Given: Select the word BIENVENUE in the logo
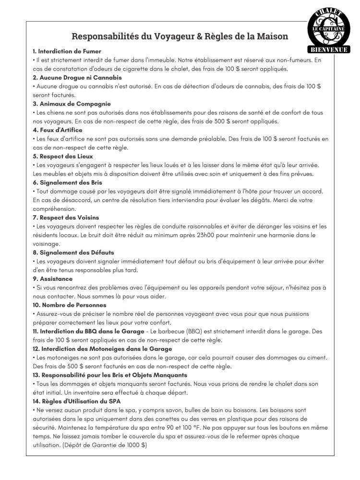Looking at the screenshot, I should click(329, 49).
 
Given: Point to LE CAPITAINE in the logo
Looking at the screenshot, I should click(329, 29).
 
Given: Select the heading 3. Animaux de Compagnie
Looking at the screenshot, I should click(72, 104).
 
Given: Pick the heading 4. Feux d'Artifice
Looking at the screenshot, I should click(57, 130).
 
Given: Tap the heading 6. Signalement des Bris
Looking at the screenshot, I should click(67, 183).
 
